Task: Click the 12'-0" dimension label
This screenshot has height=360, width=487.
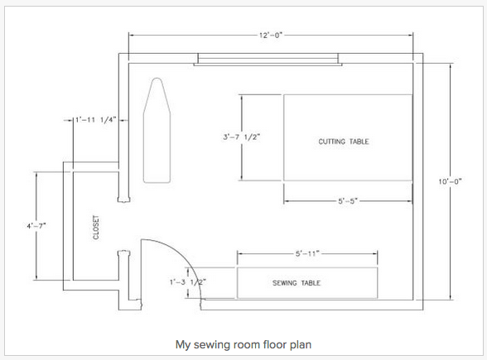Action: [x=271, y=35]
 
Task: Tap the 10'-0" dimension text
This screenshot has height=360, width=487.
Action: [x=450, y=181]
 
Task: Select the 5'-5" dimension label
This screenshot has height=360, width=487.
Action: [x=348, y=201]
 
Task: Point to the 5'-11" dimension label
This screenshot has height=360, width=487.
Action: [x=307, y=253]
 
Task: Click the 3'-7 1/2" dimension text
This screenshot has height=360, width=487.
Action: [x=241, y=137]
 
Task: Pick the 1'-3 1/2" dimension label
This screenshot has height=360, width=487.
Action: [x=188, y=282]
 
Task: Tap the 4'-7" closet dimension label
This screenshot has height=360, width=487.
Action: [x=36, y=226]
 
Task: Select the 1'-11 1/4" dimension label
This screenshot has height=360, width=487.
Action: [x=96, y=119]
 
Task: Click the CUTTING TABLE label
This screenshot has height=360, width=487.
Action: [x=344, y=142]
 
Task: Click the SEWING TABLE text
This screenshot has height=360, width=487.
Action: [x=297, y=283]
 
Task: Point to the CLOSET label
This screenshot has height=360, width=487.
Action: [x=96, y=228]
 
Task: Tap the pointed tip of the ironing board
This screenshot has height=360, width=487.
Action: [x=157, y=78]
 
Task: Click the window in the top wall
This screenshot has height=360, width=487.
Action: [x=268, y=60]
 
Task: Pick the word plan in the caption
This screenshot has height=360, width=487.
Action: [x=301, y=345]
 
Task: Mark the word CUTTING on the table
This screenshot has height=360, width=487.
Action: [x=331, y=142]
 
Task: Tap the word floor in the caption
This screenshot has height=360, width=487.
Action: [x=275, y=344]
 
